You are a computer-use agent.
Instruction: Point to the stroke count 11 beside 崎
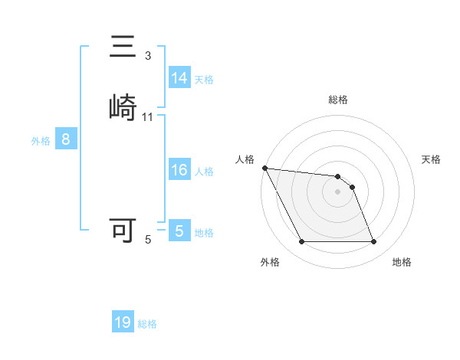(148, 117)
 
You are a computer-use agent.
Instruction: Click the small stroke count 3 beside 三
(148, 56)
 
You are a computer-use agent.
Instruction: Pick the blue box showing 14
(179, 78)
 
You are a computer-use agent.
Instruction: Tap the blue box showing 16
(179, 170)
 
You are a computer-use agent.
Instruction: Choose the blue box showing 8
(66, 139)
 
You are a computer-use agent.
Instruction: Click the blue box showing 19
(123, 322)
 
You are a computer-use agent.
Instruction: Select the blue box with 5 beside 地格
(179, 231)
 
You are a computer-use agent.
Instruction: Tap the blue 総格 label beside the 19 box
(147, 324)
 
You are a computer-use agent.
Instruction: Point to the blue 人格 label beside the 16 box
(204, 172)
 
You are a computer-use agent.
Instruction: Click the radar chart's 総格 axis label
(338, 100)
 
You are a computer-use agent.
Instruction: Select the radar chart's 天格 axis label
(431, 159)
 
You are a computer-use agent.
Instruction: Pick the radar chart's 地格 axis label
(402, 262)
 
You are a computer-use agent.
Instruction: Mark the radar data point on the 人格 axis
(264, 168)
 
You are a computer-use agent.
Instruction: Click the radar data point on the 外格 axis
(301, 242)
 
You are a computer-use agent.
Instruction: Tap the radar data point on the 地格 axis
(374, 242)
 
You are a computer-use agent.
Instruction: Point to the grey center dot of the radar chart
(338, 191)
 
